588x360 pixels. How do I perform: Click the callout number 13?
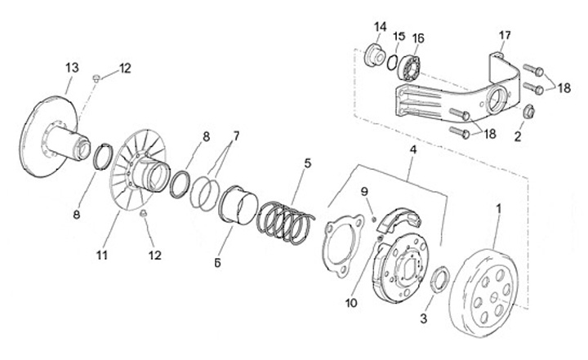[x=71, y=66]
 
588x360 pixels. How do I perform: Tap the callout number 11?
[x=102, y=256]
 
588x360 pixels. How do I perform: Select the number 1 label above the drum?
[x=497, y=208]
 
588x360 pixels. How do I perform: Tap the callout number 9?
[x=366, y=193]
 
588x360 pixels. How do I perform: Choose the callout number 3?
[x=423, y=316]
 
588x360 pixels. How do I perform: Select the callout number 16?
[x=418, y=38]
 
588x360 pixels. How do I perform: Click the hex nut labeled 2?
[x=528, y=112]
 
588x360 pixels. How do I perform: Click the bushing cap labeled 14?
[x=376, y=57]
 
